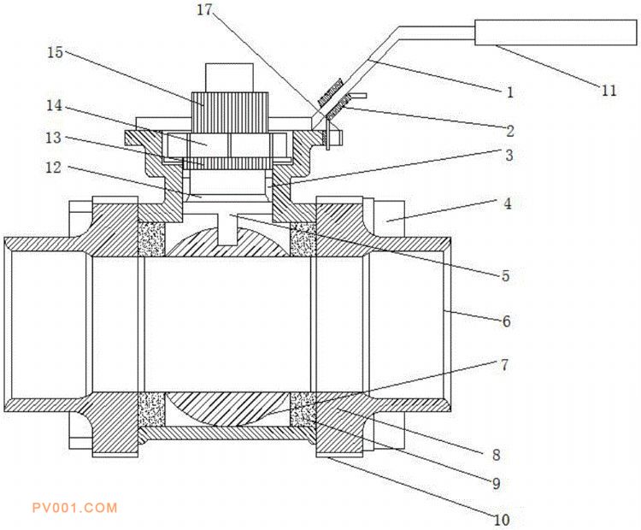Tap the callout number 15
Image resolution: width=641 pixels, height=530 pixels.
56,52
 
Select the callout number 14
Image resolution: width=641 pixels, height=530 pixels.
56,108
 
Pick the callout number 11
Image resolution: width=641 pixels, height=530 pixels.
608,91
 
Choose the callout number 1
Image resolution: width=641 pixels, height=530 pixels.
510,91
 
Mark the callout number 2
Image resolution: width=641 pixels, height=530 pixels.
510,132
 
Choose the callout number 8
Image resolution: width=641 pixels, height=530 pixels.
496,455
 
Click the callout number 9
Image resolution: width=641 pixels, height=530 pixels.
496,482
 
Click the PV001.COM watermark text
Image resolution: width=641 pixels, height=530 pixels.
74,508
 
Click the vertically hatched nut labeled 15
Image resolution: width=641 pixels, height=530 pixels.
226,109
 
